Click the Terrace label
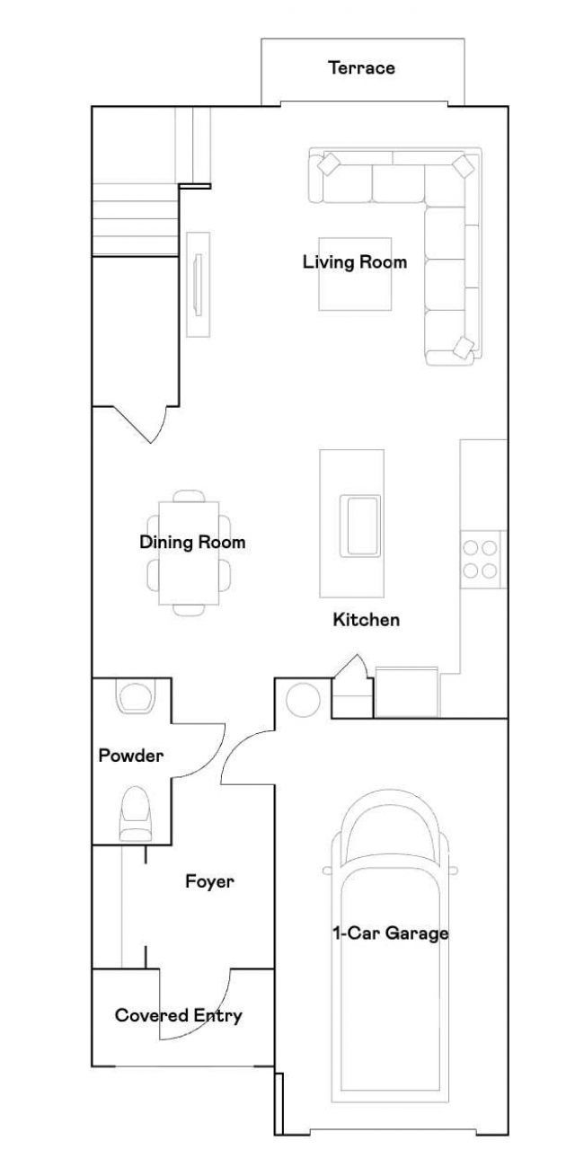(x=361, y=67)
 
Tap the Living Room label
(x=354, y=262)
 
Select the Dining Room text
(x=192, y=543)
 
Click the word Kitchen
(x=366, y=620)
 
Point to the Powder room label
(x=130, y=756)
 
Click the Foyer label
(x=209, y=881)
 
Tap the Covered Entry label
(x=178, y=1016)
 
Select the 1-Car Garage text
(x=390, y=933)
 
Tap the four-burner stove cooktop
(x=480, y=559)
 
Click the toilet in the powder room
(x=137, y=812)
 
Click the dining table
(x=188, y=553)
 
